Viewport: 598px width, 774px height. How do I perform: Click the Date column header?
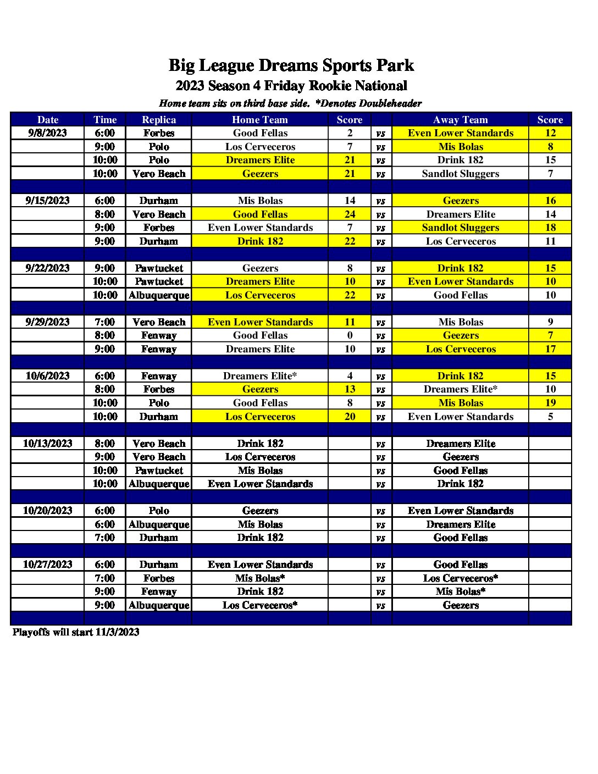pyautogui.click(x=48, y=119)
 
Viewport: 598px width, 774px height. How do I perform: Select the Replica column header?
pyautogui.click(x=159, y=119)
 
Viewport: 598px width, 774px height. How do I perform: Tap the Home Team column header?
pyautogui.click(x=260, y=119)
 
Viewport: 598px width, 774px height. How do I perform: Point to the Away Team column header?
pyautogui.click(x=461, y=119)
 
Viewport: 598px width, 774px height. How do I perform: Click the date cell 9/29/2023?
pyautogui.click(x=48, y=322)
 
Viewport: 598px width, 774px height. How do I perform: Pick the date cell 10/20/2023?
pyautogui.click(x=48, y=511)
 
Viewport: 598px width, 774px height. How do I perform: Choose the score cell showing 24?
pyautogui.click(x=350, y=214)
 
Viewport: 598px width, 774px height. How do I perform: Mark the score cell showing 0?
pyautogui.click(x=350, y=335)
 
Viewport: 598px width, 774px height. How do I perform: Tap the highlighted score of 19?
pyautogui.click(x=550, y=403)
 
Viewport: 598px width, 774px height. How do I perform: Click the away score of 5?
pyautogui.click(x=550, y=417)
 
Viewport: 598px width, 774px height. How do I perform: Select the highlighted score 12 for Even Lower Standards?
pyautogui.click(x=550, y=133)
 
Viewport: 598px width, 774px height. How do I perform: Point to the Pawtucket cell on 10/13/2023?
pyautogui.click(x=159, y=471)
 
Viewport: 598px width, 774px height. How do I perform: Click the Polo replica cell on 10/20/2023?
pyautogui.click(x=159, y=511)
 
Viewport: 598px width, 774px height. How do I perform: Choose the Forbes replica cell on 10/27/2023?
pyautogui.click(x=159, y=578)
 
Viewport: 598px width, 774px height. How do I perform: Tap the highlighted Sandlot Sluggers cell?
pyautogui.click(x=461, y=228)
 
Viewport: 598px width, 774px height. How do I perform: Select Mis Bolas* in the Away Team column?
pyautogui.click(x=461, y=591)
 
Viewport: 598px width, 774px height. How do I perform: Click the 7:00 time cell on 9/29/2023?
pyautogui.click(x=105, y=322)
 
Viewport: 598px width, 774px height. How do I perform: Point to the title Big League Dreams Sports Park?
pyautogui.click(x=291, y=65)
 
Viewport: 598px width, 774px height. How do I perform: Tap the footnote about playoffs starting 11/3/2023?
pyautogui.click(x=76, y=632)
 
